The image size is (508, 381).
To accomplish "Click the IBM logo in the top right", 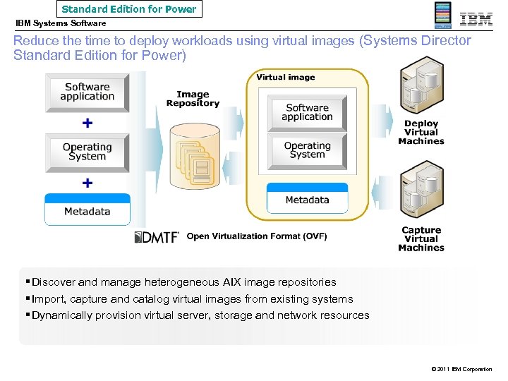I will coord(476,19).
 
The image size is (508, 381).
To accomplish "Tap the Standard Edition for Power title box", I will coord(129,9).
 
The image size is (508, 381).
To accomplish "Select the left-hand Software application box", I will coord(87,92).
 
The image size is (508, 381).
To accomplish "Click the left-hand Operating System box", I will coord(87,152).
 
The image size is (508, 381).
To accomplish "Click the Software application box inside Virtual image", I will coord(308,112).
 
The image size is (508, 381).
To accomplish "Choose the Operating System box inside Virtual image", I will coord(308,150).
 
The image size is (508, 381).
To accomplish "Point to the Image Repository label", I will coord(193,99).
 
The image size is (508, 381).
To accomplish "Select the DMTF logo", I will coord(157,237).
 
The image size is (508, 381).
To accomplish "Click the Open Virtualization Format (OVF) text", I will coord(256,237).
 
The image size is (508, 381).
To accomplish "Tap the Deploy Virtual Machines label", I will coord(421,133).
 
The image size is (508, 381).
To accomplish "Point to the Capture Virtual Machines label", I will coord(421,239).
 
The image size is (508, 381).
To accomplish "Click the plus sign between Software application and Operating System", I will coord(87,123).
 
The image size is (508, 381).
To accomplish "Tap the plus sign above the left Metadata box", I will coord(87,183).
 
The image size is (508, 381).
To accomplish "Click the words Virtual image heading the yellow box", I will coord(286,78).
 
